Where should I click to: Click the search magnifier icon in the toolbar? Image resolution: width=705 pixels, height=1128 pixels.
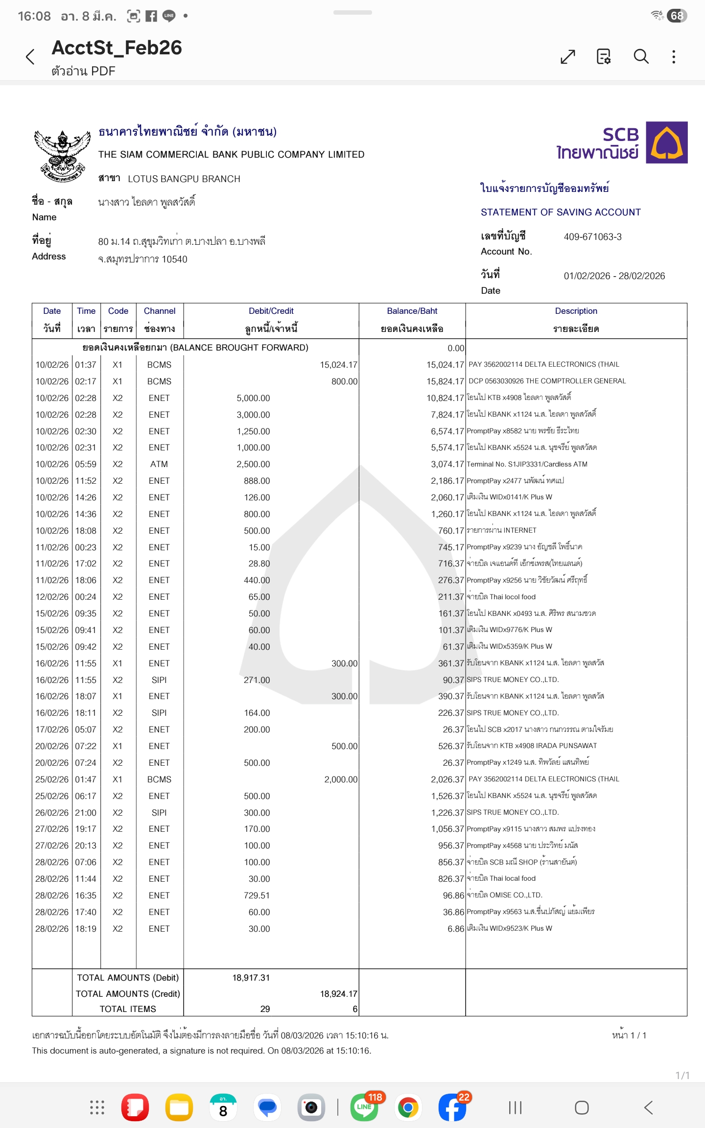[641, 57]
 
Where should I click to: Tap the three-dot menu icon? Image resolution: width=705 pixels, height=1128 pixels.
[674, 57]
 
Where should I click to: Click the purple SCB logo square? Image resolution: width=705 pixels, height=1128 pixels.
[666, 142]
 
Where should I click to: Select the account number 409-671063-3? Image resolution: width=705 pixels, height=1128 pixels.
[592, 237]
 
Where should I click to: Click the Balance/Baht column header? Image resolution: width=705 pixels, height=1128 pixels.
[412, 311]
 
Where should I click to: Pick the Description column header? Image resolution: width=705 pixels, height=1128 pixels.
[576, 311]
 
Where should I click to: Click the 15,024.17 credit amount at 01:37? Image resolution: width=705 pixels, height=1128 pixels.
[338, 365]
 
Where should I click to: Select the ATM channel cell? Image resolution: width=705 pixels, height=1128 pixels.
[159, 464]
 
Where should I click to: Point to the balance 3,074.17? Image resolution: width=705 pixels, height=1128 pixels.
[447, 464]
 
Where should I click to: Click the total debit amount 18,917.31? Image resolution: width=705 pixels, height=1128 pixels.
[251, 978]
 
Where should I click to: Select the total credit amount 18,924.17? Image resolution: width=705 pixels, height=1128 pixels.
[338, 994]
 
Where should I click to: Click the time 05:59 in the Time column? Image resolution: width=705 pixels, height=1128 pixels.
[86, 464]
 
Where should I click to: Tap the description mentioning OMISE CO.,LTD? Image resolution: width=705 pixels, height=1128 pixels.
[504, 895]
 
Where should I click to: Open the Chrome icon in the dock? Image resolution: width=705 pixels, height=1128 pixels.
[408, 1107]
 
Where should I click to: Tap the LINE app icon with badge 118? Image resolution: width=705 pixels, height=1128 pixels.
[364, 1107]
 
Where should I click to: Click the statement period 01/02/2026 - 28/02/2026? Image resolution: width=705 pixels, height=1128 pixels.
[614, 276]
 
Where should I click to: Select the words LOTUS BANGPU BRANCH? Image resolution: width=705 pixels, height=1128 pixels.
[184, 179]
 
